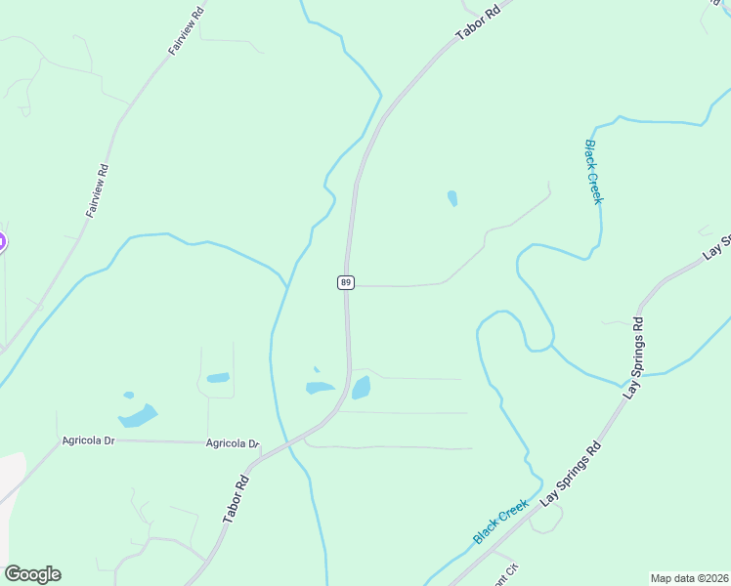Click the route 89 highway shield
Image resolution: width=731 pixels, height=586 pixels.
tap(345, 282)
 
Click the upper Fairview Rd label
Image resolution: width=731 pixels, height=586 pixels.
tap(185, 29)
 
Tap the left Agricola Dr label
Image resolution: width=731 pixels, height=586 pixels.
tap(88, 440)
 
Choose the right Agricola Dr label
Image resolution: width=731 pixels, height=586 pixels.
tap(233, 443)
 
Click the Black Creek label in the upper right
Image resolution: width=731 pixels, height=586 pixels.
tap(593, 172)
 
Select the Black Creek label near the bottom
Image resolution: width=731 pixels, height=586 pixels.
tap(499, 523)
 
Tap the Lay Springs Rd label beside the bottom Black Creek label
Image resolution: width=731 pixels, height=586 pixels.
tap(570, 476)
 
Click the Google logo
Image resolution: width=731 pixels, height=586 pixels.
tap(32, 574)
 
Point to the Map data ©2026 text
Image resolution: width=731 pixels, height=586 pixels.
tap(689, 578)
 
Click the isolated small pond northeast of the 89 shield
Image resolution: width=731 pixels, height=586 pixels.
tap(452, 198)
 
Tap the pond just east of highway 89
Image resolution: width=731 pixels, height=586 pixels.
tap(361, 388)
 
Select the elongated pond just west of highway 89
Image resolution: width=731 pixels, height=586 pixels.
tap(320, 388)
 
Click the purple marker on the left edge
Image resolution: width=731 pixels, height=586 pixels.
tap(1, 241)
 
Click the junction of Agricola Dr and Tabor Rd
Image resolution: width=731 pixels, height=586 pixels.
tap(262, 452)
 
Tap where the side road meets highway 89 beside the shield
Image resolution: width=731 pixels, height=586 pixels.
tap(349, 286)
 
